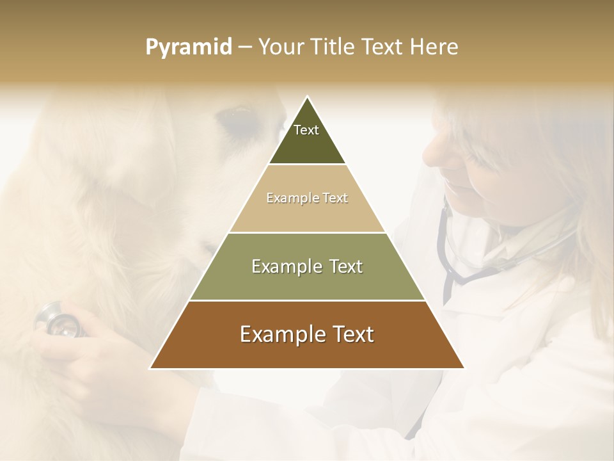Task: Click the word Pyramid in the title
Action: (x=189, y=47)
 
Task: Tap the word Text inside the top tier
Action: (x=306, y=130)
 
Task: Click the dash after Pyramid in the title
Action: (x=245, y=47)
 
